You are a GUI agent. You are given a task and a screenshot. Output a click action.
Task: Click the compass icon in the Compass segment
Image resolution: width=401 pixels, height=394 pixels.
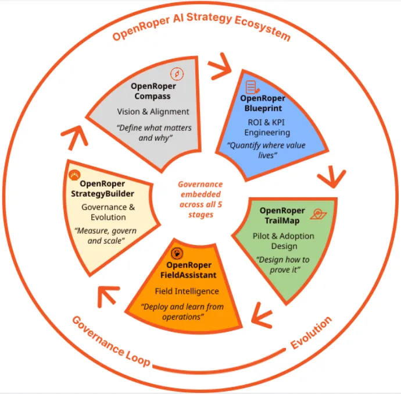point(177,74)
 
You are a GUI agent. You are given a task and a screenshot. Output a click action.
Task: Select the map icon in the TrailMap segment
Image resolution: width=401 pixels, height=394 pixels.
point(318,214)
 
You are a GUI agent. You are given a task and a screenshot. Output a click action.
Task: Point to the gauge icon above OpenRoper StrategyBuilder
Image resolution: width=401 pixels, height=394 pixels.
point(74,175)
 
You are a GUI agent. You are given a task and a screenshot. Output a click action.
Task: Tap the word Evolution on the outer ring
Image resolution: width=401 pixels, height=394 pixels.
point(312,333)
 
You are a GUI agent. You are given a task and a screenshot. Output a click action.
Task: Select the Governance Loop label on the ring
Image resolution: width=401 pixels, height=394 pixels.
point(110,341)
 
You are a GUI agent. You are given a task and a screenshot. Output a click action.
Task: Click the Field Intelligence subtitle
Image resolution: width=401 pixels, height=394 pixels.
point(187,291)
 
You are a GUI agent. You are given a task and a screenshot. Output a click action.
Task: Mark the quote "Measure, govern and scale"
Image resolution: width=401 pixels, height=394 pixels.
point(106,236)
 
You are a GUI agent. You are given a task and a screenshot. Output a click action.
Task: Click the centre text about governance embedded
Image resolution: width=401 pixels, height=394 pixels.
point(201,198)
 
